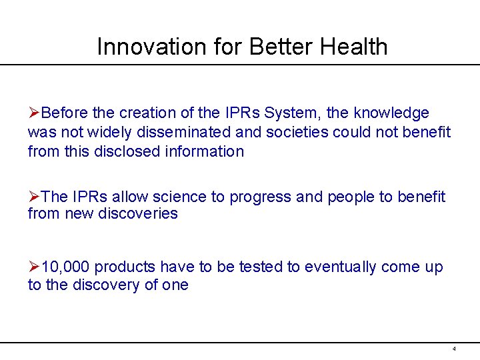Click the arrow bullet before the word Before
(x=33, y=113)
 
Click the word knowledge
(x=391, y=113)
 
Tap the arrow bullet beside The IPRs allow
(x=33, y=197)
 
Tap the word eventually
(x=340, y=267)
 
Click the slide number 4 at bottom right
(x=454, y=349)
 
